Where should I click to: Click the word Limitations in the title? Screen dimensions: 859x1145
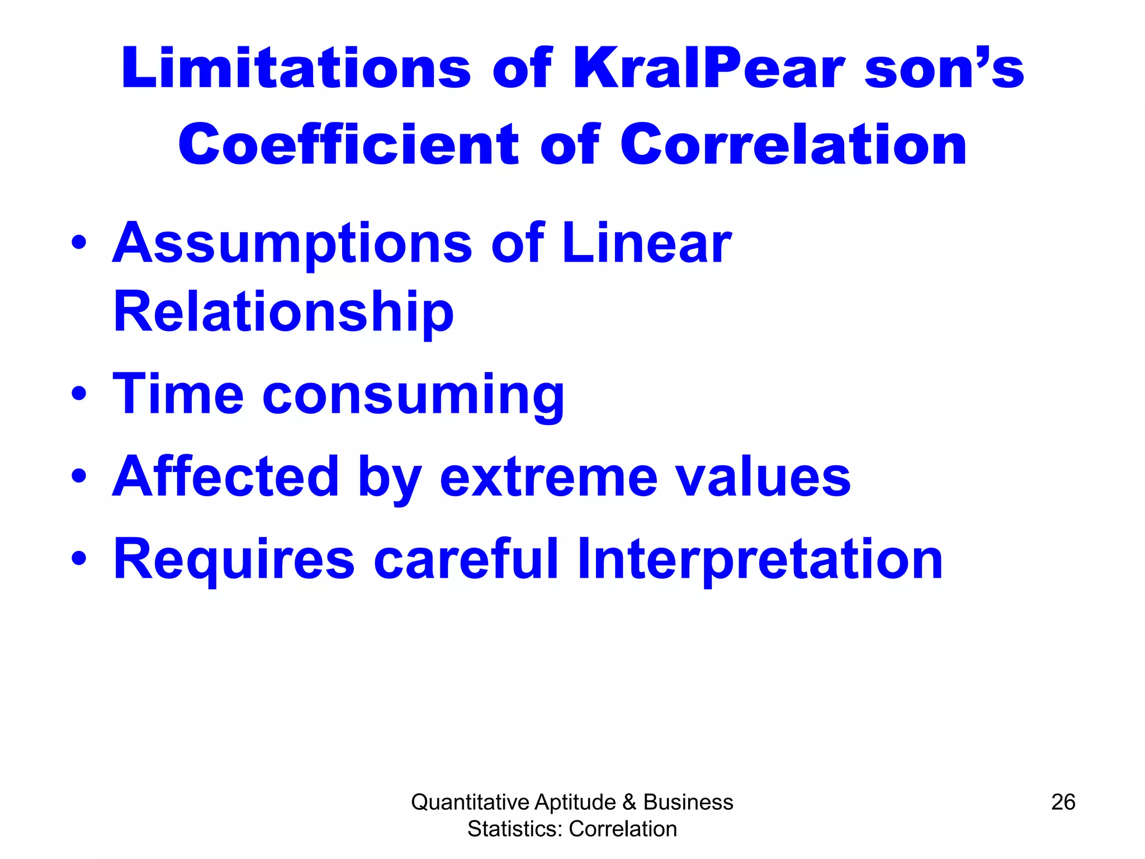pos(295,68)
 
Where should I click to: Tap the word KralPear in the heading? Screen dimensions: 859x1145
pos(708,68)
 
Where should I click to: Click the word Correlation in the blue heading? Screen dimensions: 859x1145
pos(793,144)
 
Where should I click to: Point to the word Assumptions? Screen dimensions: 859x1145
pos(292,244)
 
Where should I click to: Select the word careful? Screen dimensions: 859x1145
pos(466,558)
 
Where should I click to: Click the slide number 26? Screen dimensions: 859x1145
pos(1063,802)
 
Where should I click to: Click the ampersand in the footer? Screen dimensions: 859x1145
pos(629,802)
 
